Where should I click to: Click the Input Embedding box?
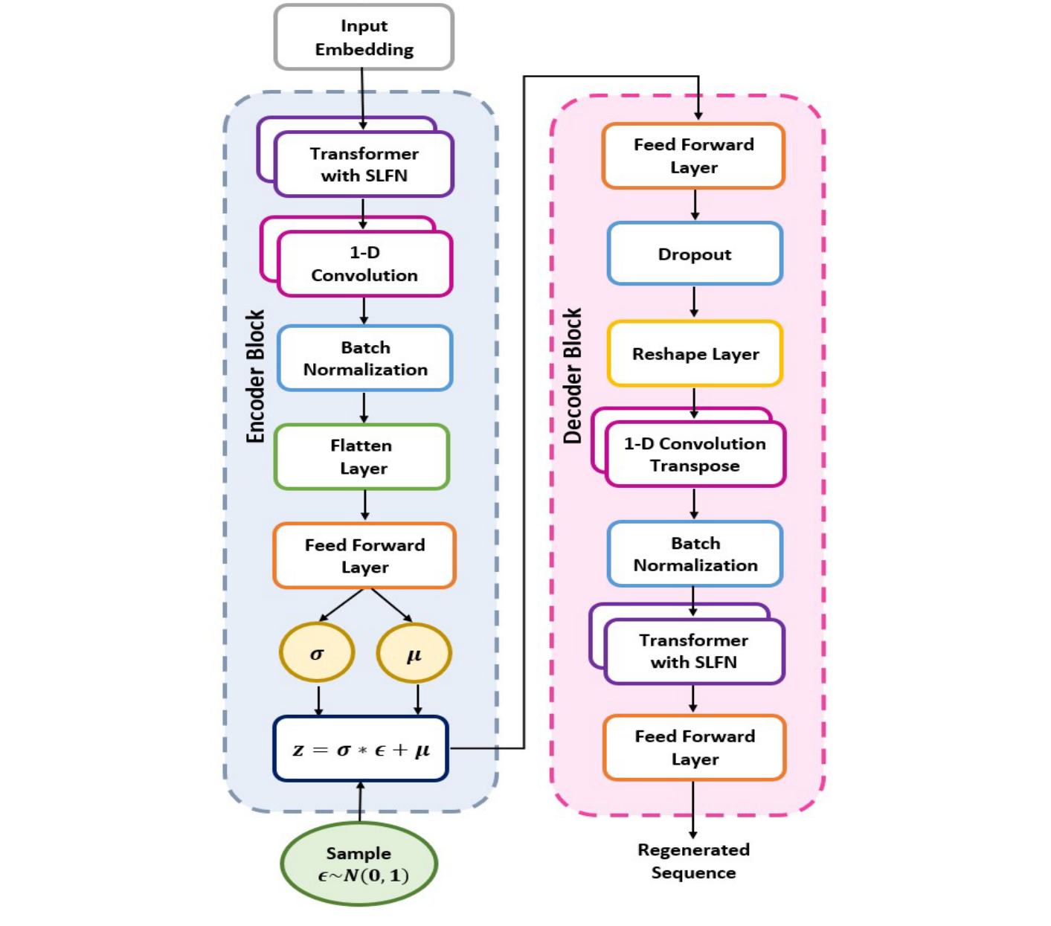point(364,37)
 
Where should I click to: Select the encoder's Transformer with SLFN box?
point(364,164)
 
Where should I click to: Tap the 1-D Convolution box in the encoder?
point(364,264)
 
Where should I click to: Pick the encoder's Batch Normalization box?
point(365,358)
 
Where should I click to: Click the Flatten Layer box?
point(362,457)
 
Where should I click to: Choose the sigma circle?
point(317,653)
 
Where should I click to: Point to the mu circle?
point(414,653)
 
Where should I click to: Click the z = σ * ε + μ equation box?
point(361,749)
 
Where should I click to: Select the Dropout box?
point(695,254)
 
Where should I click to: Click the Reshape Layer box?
point(695,353)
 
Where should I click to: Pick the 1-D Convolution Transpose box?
point(695,454)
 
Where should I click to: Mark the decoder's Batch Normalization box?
point(695,554)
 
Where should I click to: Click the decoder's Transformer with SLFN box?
point(694,651)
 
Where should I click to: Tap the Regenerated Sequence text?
point(693,861)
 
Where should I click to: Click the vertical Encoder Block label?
point(256,376)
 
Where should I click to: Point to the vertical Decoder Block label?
point(572,376)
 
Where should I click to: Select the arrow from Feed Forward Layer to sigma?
point(341,605)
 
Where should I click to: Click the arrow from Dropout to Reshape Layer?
point(694,301)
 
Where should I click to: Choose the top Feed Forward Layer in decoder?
point(693,155)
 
